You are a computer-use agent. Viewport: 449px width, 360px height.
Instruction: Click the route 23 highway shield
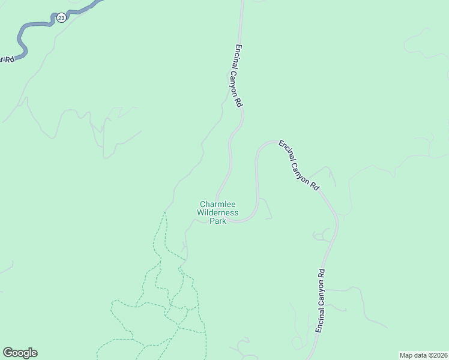pos(61,18)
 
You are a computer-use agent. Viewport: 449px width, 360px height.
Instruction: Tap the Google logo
pos(20,353)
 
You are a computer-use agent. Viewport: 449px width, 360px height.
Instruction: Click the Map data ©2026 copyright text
pos(423,355)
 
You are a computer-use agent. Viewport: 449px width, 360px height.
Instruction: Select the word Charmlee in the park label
pos(217,205)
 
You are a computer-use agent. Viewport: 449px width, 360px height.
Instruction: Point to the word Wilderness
pos(218,212)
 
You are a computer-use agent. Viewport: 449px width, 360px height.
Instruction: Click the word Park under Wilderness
pos(218,221)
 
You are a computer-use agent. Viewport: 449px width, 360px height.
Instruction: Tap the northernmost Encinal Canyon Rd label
pos(238,76)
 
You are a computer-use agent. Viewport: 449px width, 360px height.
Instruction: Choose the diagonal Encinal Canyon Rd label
pos(298,166)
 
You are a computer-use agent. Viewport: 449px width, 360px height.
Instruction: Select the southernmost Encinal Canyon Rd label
pos(321,300)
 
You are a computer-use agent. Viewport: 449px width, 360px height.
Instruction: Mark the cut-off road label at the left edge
pos(7,59)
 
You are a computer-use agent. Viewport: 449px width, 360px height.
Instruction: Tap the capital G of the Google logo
pos(8,353)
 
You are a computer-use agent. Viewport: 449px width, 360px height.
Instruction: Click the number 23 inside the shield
pos(61,18)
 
